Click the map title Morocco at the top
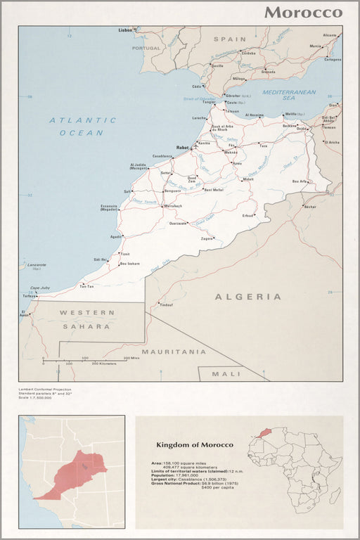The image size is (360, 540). [303, 13]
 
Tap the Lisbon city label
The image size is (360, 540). [125, 31]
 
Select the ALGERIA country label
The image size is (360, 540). [247, 297]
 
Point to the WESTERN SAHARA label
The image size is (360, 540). [84, 319]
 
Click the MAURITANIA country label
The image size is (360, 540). [174, 351]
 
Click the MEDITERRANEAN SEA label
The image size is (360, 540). [288, 96]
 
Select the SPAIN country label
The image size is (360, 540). [230, 39]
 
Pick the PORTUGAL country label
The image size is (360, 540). [146, 48]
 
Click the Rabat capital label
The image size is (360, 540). [182, 148]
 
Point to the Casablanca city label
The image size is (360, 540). [162, 156]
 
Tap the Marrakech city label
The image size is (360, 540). [173, 206]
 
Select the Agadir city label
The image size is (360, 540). [115, 236]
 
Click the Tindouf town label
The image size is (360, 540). [165, 304]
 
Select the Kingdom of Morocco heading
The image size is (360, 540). [194, 445]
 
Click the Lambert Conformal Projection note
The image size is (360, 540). [45, 389]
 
